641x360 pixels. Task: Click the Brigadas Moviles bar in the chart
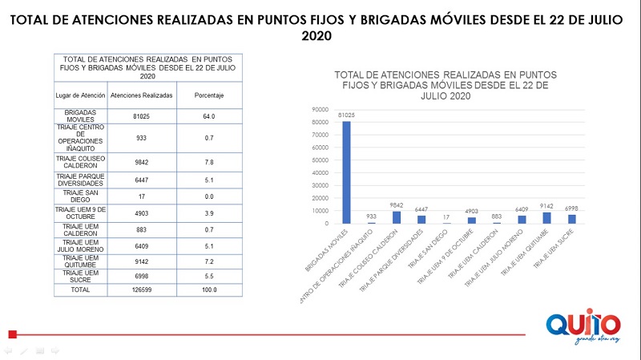[346, 172]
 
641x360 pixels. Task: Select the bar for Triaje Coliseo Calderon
[396, 217]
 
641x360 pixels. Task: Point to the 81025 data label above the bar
[346, 115]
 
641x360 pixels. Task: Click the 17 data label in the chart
[446, 217]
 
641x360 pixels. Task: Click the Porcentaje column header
[209, 95]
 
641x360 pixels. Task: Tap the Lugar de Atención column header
[80, 95]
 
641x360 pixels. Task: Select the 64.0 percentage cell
[209, 116]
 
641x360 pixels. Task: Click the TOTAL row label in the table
[80, 289]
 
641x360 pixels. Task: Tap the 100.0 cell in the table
[209, 289]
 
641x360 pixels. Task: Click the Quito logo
[583, 325]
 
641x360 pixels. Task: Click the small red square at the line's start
[12, 334]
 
